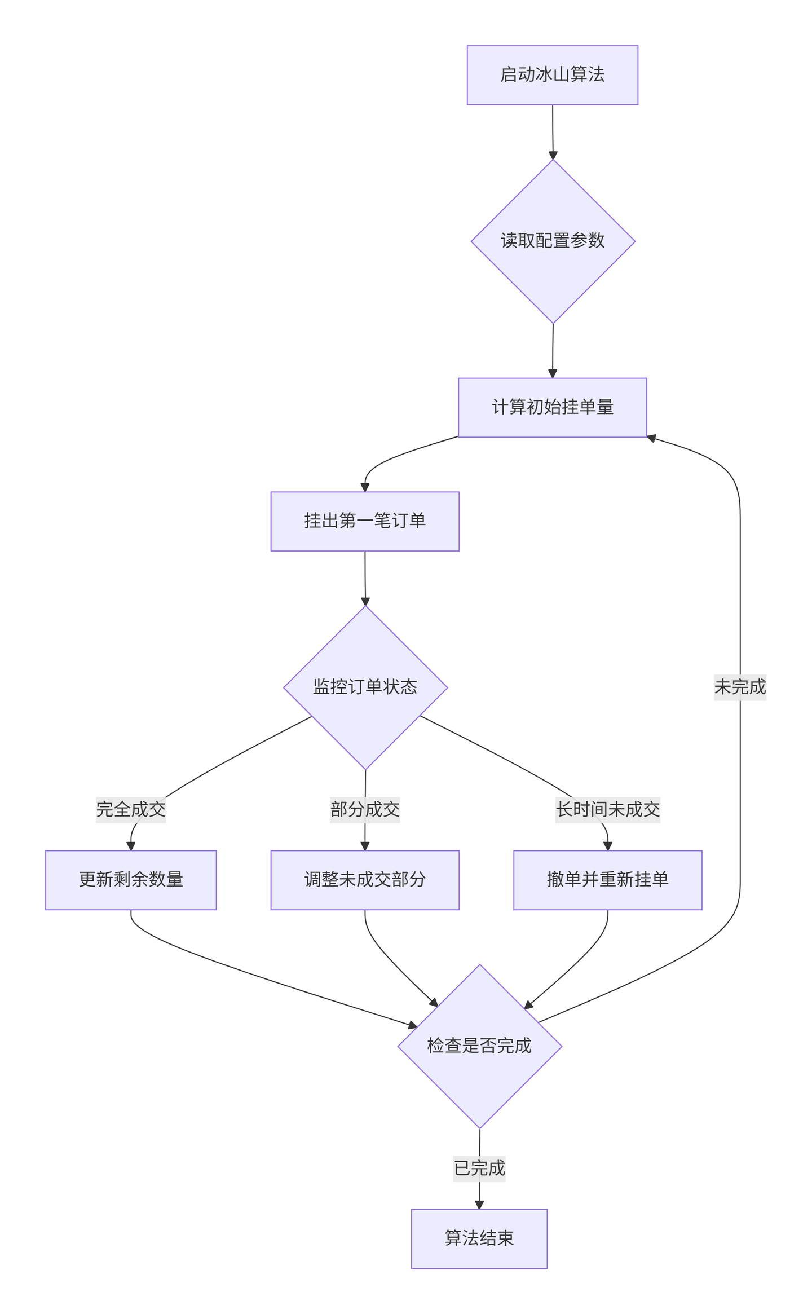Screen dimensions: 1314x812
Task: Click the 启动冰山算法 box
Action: coord(552,75)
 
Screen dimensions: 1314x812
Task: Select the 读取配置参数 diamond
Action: coord(553,241)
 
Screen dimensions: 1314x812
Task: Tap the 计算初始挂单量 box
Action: coord(552,407)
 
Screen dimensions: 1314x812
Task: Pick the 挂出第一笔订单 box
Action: coord(365,521)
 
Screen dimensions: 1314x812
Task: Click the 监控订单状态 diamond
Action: coord(365,687)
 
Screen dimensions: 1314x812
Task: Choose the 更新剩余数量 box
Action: coord(131,880)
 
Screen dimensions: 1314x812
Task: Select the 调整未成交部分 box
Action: coord(365,880)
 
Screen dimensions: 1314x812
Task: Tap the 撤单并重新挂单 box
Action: coord(607,880)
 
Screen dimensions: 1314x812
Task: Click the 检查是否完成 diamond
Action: coord(479,1046)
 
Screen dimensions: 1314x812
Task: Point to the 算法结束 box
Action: coord(479,1238)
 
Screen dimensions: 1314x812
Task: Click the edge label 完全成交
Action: coord(131,810)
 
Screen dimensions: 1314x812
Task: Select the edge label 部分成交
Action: coord(365,810)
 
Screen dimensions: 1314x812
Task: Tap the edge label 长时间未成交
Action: coord(607,810)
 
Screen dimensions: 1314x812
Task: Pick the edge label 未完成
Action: coord(740,687)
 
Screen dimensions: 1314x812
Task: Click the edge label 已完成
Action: coord(479,1168)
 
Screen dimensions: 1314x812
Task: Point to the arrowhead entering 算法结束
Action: coord(479,1205)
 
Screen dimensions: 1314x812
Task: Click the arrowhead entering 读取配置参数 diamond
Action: coord(553,155)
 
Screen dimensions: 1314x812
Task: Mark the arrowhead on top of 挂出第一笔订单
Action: coord(365,487)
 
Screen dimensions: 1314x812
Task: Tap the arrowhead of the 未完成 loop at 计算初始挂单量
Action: coord(651,438)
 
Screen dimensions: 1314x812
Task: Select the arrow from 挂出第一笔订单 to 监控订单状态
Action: coord(365,578)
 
